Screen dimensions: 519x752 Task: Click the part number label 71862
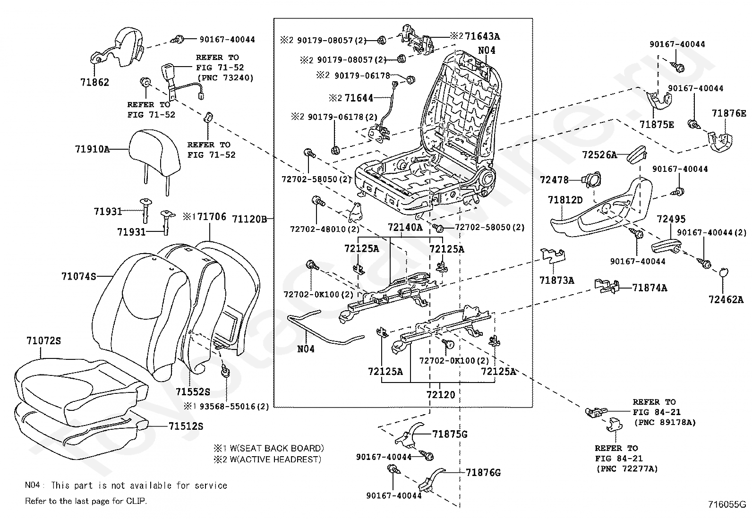coord(94,82)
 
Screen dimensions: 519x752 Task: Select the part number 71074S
coord(78,276)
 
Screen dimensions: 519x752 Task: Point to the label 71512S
coord(186,426)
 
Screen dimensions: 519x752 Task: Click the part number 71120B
coord(250,219)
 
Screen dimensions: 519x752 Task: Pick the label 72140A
coord(405,227)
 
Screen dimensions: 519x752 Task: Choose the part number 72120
coord(441,395)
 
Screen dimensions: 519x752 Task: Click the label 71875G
coord(450,434)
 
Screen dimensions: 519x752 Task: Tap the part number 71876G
coord(483,472)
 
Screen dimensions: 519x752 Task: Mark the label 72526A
coord(599,154)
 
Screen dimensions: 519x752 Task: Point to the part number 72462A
coord(726,299)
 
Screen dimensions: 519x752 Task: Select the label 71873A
coord(557,281)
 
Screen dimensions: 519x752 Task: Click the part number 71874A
coord(649,287)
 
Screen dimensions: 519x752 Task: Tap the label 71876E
coord(729,113)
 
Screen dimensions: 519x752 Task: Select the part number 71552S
coord(193,392)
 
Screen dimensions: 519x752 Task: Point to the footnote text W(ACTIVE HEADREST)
coord(272,459)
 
